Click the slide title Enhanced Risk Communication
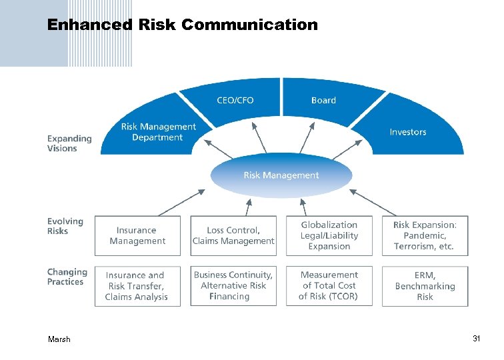[182, 25]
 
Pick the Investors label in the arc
[407, 132]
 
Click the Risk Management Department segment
[158, 132]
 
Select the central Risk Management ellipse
[281, 175]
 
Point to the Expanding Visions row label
[69, 143]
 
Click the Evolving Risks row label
[65, 226]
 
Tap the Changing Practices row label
[67, 277]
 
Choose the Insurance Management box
[137, 236]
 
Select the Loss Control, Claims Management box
[233, 236]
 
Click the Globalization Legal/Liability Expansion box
[329, 236]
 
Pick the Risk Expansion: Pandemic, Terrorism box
[425, 236]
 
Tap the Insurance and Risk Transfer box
[137, 286]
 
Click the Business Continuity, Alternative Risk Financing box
[233, 286]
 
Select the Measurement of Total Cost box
[329, 286]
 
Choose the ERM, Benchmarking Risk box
[425, 286]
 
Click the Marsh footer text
[59, 339]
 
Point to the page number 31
[476, 339]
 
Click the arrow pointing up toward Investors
[343, 151]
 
